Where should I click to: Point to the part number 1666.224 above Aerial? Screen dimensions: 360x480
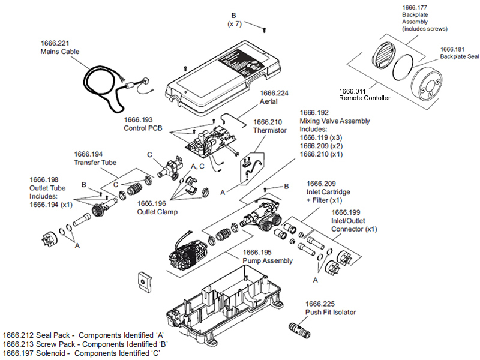(x=274, y=93)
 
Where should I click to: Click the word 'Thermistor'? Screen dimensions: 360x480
(x=270, y=130)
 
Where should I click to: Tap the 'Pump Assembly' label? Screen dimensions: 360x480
(x=267, y=261)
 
